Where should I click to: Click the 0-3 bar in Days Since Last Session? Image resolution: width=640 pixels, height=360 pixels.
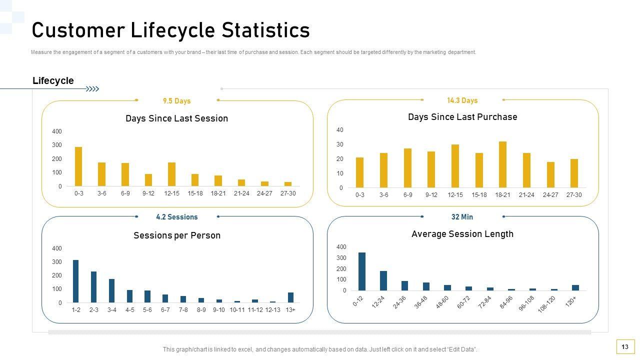click(78, 166)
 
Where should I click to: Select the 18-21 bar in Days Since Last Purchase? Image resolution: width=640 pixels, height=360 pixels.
click(502, 164)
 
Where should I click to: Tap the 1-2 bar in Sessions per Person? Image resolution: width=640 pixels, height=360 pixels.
click(75, 281)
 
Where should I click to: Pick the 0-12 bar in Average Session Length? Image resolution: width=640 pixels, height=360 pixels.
click(362, 271)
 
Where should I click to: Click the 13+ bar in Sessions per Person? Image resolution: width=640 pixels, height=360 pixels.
click(290, 297)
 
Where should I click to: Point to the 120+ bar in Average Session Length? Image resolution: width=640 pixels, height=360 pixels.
click(575, 287)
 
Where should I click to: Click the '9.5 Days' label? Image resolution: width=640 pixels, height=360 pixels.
click(177, 101)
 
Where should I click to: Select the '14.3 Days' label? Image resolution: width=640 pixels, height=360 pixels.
click(462, 100)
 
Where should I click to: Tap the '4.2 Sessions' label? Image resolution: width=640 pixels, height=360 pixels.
click(177, 217)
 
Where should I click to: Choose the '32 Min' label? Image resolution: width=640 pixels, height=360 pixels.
click(462, 217)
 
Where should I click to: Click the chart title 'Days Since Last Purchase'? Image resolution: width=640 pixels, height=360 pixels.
click(462, 117)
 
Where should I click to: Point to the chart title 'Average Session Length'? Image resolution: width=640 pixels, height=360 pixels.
click(462, 234)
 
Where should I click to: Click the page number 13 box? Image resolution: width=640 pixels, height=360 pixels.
click(625, 346)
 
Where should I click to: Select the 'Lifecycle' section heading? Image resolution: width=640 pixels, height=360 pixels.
click(53, 81)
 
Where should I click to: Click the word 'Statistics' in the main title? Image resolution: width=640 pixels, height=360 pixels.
click(266, 30)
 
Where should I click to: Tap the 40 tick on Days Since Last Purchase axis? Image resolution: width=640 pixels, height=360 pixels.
click(340, 130)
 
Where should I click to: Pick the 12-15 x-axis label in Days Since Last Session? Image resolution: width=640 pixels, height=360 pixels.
click(171, 193)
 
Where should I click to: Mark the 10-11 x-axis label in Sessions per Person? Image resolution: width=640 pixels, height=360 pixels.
click(237, 310)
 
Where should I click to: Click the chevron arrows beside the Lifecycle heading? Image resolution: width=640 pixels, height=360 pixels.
click(92, 89)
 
